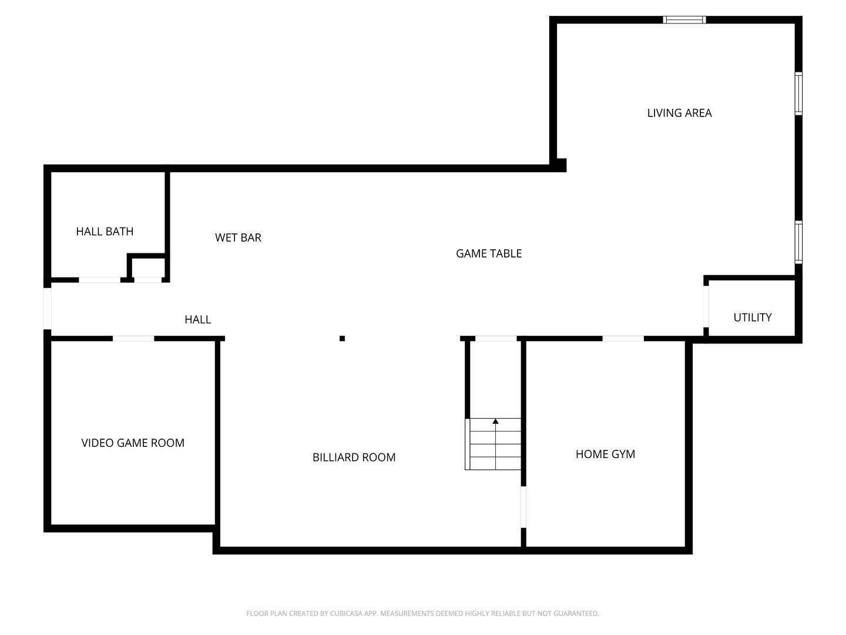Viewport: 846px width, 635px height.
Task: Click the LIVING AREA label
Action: tap(679, 113)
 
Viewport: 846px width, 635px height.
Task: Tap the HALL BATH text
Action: tap(105, 231)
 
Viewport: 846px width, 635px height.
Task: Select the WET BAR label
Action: tap(238, 238)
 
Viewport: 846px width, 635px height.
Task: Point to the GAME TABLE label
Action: tap(489, 253)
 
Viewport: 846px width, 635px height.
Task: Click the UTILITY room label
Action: tap(753, 317)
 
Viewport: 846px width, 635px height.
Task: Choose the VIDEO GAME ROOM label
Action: tap(133, 443)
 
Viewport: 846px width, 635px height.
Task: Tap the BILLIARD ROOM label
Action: tap(354, 457)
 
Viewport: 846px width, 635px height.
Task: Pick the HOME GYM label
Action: tap(605, 454)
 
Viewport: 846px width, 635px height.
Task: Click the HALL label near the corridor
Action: tap(198, 320)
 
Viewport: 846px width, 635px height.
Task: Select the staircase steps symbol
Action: tap(493, 444)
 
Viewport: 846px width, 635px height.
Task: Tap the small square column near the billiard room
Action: tap(342, 339)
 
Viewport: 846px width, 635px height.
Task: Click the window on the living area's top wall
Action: tap(684, 19)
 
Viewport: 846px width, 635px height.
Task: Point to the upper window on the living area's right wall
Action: tap(799, 93)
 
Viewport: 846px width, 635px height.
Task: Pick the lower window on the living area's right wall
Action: tap(799, 242)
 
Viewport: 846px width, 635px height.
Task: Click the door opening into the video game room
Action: tap(133, 339)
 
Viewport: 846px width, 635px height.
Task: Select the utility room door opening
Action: tap(706, 306)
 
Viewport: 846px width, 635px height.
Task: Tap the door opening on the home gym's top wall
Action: tap(623, 339)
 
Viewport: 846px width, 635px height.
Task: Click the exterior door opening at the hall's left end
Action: tap(47, 309)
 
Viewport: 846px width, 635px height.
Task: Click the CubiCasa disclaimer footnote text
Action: tap(423, 613)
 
